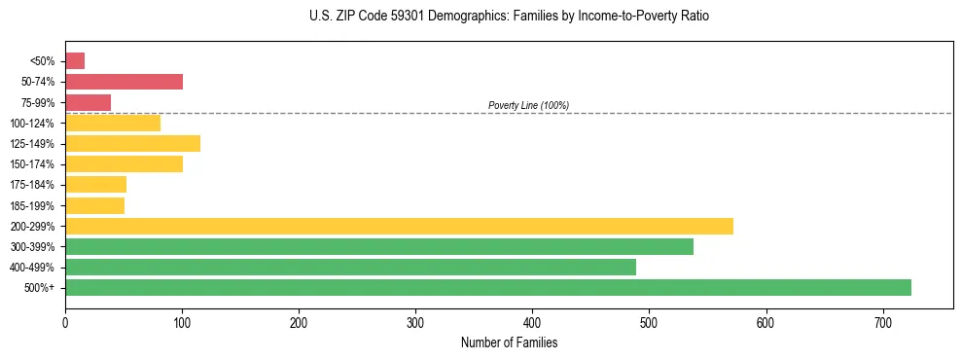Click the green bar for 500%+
(487, 287)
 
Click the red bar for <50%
(75, 61)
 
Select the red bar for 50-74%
(124, 82)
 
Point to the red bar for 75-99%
(88, 102)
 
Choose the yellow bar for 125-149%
(132, 143)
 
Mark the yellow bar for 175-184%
(95, 184)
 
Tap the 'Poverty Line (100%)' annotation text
(528, 105)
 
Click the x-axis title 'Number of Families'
(509, 342)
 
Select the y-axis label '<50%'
(43, 61)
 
